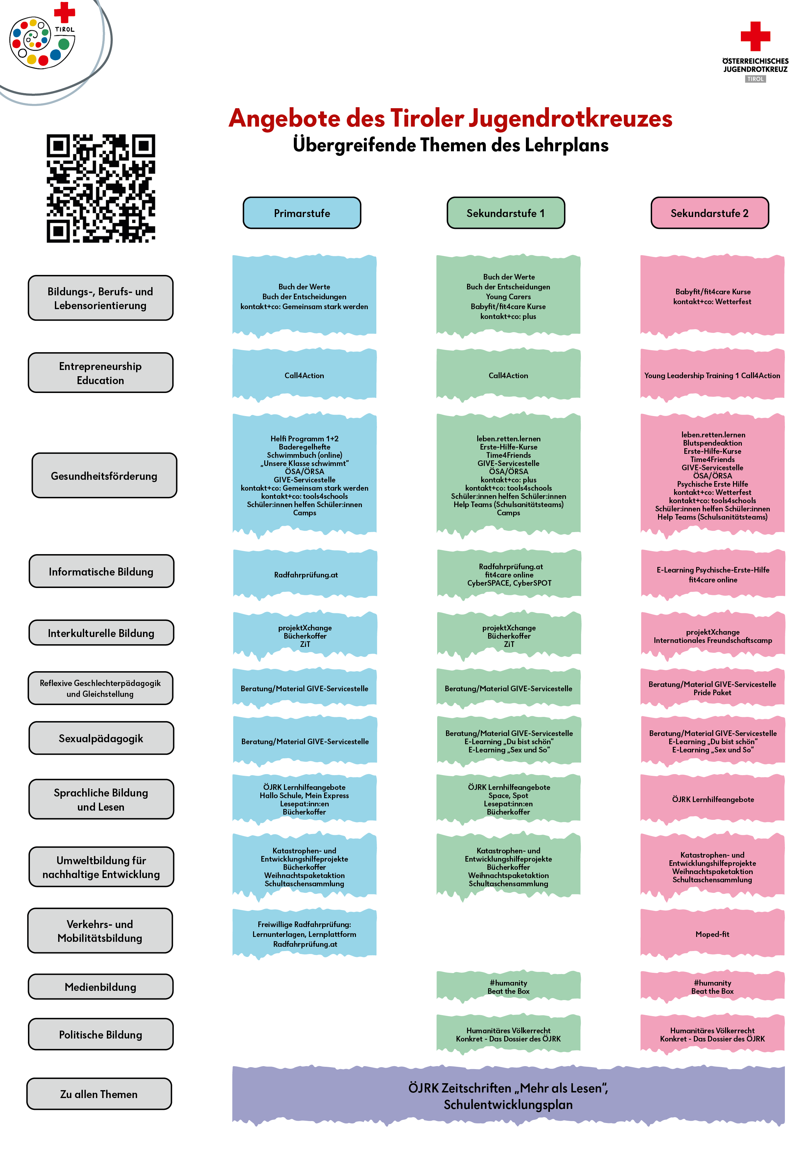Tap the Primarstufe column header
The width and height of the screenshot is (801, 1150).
click(x=301, y=213)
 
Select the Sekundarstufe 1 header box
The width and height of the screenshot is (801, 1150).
click(x=505, y=213)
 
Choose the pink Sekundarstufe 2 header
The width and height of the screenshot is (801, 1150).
click(x=709, y=213)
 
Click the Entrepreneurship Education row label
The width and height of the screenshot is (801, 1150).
click(x=100, y=373)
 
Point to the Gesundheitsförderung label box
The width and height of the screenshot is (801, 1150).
click(x=104, y=475)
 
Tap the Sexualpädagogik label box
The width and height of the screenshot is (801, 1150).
click(x=101, y=738)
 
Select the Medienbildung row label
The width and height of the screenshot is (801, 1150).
click(x=101, y=986)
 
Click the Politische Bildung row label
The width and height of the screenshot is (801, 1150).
click(x=101, y=1034)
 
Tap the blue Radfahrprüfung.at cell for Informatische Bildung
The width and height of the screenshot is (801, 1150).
click(x=305, y=575)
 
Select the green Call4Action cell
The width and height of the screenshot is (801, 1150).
click(x=508, y=375)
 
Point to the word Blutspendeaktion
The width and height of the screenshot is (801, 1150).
click(x=712, y=443)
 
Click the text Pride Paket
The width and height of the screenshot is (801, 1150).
click(x=712, y=692)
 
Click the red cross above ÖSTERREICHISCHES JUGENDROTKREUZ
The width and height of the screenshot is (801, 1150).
click(x=755, y=36)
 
